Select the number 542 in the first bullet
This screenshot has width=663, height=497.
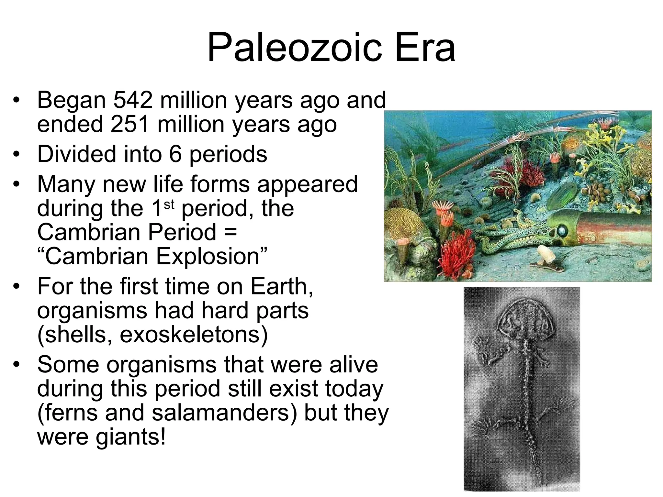[x=133, y=100]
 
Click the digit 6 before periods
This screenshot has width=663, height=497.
[x=175, y=154]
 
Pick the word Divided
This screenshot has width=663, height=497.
[x=77, y=154]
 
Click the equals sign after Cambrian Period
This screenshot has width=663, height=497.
[x=230, y=232]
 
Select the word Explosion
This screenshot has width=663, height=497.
[x=208, y=257]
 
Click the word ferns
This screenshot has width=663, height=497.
[x=71, y=413]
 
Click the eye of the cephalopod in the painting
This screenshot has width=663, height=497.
[x=561, y=230]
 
